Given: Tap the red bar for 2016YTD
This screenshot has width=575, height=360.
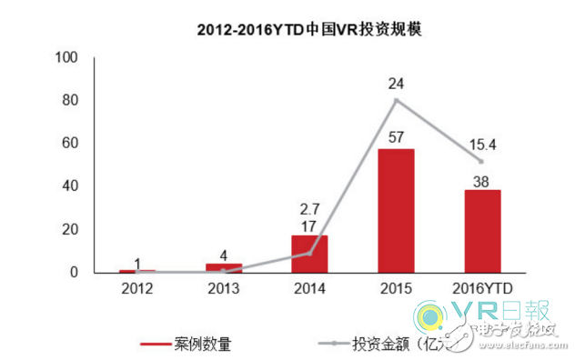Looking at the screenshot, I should click(481, 231).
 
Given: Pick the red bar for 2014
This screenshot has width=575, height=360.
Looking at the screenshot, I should click(309, 254).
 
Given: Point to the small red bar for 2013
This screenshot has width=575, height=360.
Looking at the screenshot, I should click(223, 268).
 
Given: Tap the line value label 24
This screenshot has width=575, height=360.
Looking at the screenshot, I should click(395, 84).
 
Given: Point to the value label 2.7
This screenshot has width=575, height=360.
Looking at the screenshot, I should click(309, 207).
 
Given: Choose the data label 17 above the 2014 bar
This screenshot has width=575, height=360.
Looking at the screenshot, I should click(309, 224).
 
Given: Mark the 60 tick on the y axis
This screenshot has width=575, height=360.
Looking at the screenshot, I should click(73, 144).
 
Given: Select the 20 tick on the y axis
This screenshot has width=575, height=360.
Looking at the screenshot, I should click(73, 230).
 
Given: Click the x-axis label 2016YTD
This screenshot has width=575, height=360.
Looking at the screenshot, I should click(481, 288).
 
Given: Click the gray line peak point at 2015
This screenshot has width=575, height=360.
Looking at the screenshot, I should click(395, 100).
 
